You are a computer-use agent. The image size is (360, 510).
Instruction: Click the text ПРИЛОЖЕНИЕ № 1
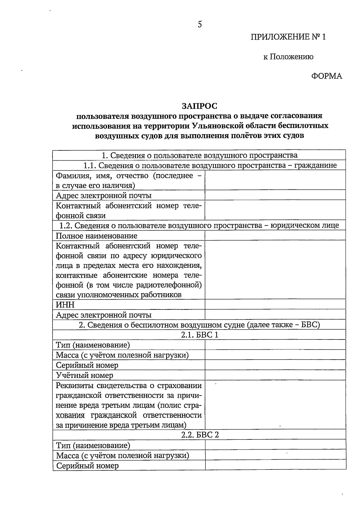click(x=288, y=37)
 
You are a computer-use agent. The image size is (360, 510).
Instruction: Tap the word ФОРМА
click(x=326, y=76)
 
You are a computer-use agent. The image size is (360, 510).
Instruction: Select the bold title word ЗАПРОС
click(x=199, y=106)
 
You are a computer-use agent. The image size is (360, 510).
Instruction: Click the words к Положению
click(x=288, y=57)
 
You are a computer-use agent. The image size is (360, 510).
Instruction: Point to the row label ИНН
click(x=65, y=305)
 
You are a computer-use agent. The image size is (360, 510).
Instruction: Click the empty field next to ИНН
click(x=275, y=304)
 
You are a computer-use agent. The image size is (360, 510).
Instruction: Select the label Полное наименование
click(x=97, y=236)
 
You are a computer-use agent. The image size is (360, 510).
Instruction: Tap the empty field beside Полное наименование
click(x=275, y=235)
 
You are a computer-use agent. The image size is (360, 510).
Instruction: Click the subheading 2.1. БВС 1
click(x=199, y=335)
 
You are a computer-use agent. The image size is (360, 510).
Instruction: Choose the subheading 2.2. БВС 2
click(x=200, y=435)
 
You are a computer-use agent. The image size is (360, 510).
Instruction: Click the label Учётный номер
click(x=85, y=375)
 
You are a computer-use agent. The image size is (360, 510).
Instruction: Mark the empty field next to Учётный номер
click(x=275, y=375)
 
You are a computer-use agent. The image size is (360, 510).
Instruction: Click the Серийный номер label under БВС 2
click(x=87, y=466)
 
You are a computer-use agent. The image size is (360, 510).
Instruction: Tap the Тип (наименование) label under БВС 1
click(x=93, y=345)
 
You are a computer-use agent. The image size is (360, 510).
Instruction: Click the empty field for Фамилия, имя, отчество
click(x=275, y=180)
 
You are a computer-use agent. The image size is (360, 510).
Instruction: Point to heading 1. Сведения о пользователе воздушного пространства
click(x=199, y=155)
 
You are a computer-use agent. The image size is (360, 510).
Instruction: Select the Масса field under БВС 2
click(x=275, y=455)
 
